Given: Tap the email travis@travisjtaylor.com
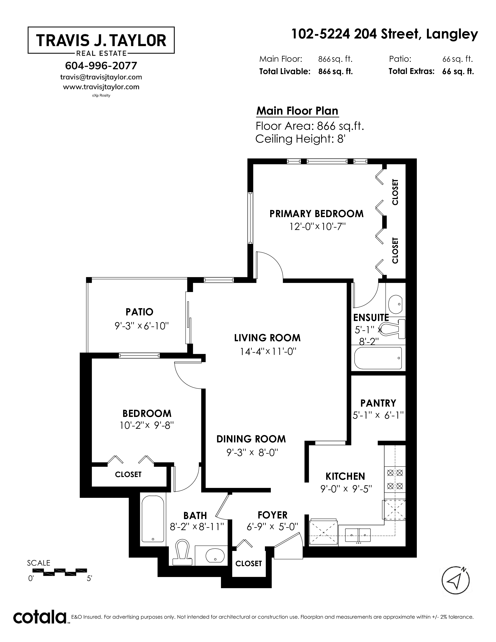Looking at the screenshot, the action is (101, 77).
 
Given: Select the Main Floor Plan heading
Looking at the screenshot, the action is (297, 111).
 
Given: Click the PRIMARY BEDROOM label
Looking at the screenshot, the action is (316, 214).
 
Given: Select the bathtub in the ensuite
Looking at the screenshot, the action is (378, 358).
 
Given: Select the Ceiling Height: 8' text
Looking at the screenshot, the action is (300, 139).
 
